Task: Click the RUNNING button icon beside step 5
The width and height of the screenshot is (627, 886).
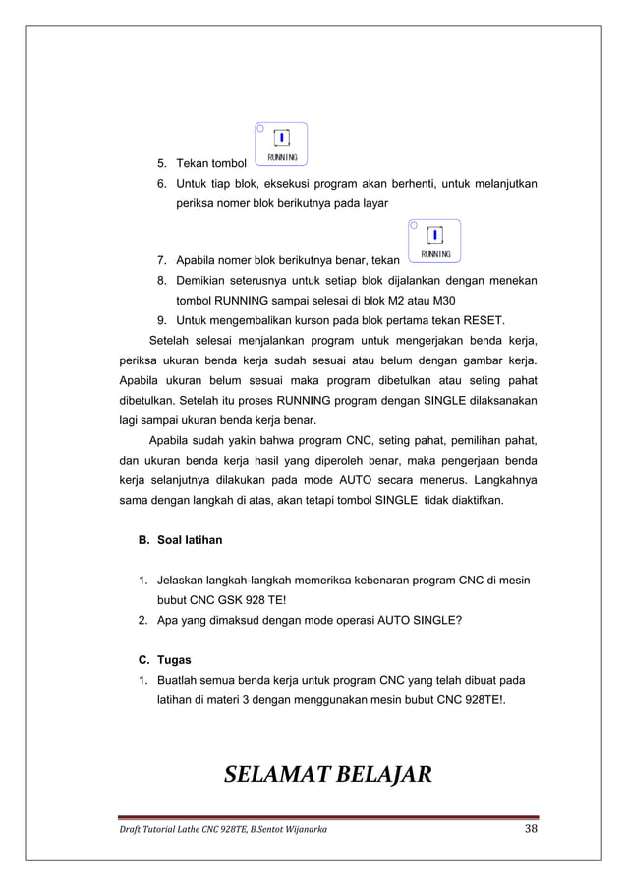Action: tap(281, 143)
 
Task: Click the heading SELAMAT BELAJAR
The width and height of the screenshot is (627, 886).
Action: tap(327, 776)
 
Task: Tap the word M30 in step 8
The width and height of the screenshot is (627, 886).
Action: tap(451, 300)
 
